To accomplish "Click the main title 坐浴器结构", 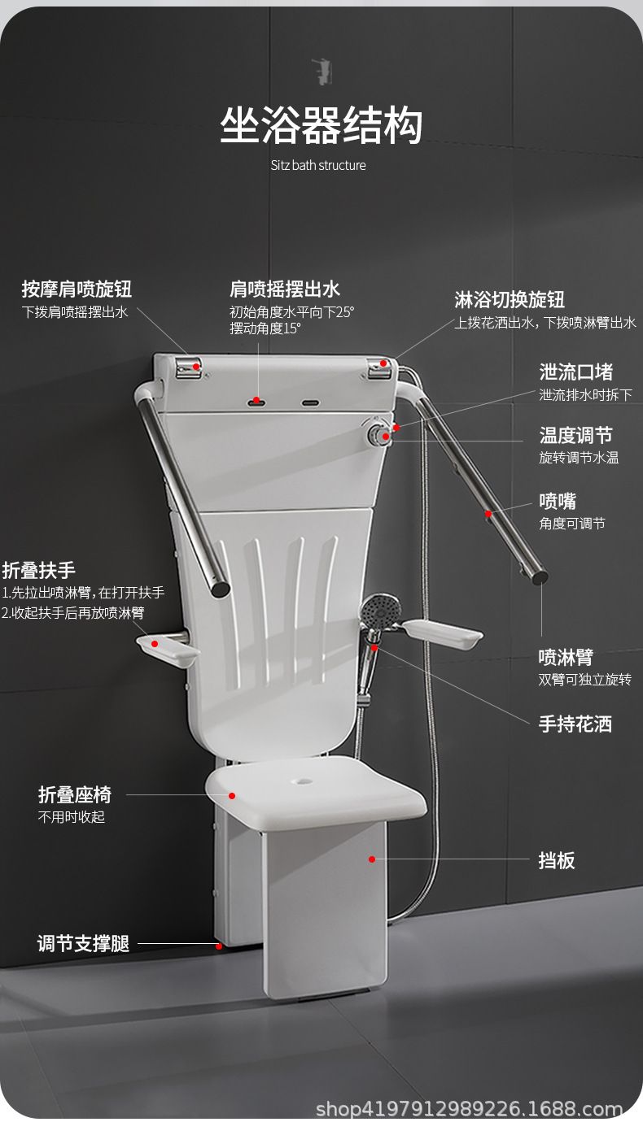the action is (321, 126).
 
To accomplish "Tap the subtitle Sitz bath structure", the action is (318, 165).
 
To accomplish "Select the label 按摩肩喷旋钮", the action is (77, 289).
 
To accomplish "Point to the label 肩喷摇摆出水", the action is (285, 289).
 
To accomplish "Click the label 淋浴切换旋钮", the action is (510, 299).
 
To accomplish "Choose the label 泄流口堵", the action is (576, 372).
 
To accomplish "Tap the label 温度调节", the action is (576, 435).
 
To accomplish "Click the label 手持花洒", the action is (575, 724).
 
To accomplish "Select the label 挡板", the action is (557, 860).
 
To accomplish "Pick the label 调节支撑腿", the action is (83, 943).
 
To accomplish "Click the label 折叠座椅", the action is (75, 794).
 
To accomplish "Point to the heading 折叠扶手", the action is (38, 570).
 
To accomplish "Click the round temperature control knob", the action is (378, 435).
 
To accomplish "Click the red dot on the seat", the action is (232, 795).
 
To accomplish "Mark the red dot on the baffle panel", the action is (372, 859).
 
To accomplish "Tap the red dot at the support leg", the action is (219, 946).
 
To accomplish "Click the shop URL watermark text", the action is (469, 1122).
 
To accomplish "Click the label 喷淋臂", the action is (566, 658).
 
